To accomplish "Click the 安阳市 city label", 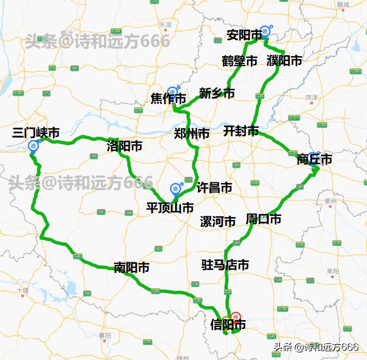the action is pyautogui.click(x=244, y=35).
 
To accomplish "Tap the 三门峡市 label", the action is pyautogui.click(x=36, y=132).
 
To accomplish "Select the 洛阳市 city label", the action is pyautogui.click(x=124, y=146).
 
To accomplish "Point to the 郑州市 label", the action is pyautogui.click(x=192, y=134).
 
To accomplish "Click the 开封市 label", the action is pyautogui.click(x=241, y=131).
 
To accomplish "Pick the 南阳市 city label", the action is pyautogui.click(x=131, y=268).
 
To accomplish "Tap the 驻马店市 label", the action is pyautogui.click(x=225, y=265).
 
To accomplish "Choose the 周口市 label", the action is pyautogui.click(x=263, y=219).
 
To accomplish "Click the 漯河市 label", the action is pyautogui.click(x=218, y=222).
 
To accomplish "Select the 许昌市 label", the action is pyautogui.click(x=214, y=188).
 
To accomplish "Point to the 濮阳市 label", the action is pyautogui.click(x=284, y=61).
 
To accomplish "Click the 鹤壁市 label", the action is pyautogui.click(x=240, y=61).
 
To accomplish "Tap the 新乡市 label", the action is pyautogui.click(x=216, y=94).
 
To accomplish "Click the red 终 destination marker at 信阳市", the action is pyautogui.click(x=236, y=316).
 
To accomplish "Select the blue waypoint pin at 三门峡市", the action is pyautogui.click(x=33, y=146).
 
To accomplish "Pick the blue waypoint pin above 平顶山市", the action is pyautogui.click(x=176, y=189).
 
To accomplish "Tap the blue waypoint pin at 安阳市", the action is pyautogui.click(x=265, y=31).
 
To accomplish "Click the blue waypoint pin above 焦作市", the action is pyautogui.click(x=172, y=92).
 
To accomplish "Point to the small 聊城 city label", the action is pyautogui.click(x=343, y=5).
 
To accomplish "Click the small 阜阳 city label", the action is pyautogui.click(x=332, y=271).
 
